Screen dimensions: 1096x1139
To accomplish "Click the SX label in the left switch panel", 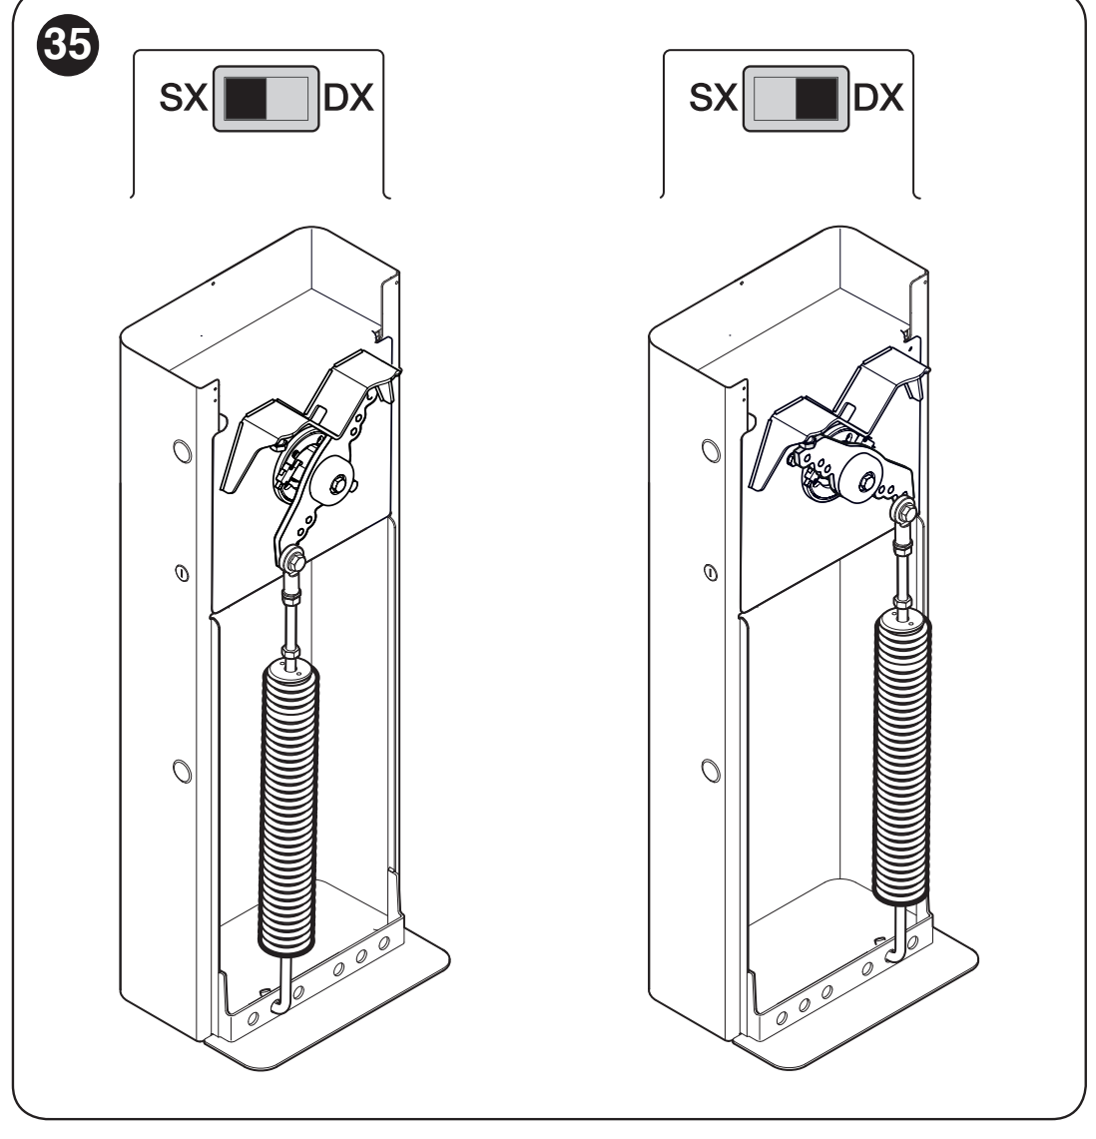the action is point(183,98).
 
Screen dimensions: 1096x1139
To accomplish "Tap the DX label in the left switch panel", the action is point(348,98).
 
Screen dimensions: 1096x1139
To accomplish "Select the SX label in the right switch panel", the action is point(713,98).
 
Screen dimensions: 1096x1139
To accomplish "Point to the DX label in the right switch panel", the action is point(878,98).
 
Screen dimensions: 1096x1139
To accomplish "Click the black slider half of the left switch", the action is point(246,98).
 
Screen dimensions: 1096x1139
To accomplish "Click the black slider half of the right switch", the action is point(817,98).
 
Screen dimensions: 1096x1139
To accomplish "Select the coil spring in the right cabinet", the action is point(901,756).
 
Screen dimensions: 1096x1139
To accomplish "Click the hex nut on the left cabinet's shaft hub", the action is point(337,484).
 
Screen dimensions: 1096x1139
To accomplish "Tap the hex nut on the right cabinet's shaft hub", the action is point(867,481).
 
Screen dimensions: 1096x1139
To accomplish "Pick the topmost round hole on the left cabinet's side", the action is point(183,451).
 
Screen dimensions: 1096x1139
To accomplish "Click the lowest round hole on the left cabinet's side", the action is point(183,771).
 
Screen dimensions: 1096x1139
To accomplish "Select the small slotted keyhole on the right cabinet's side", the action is point(711,573).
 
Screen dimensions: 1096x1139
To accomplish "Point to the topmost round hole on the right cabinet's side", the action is point(711,450).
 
